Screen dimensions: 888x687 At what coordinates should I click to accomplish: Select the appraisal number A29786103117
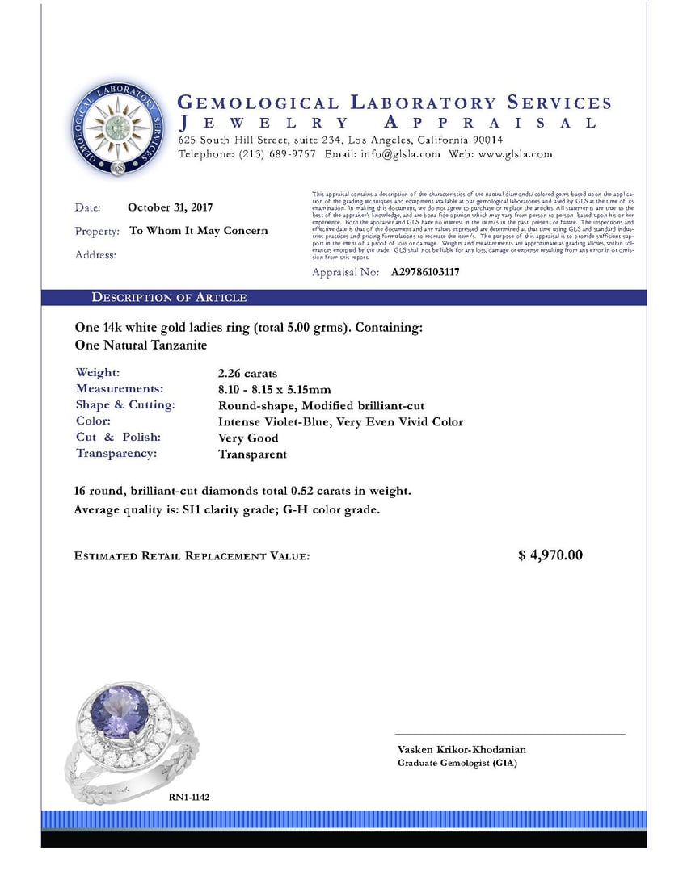[425, 273]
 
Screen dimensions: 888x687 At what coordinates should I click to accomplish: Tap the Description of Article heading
[169, 298]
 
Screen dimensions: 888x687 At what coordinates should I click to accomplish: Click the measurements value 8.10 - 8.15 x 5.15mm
[275, 390]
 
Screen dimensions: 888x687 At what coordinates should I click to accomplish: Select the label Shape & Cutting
[125, 405]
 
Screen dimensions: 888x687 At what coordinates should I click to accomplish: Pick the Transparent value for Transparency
[252, 454]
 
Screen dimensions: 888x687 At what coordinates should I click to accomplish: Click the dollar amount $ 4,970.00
[550, 555]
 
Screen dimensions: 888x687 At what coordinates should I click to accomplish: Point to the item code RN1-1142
[189, 797]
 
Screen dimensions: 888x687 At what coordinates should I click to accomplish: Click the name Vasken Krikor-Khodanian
[462, 749]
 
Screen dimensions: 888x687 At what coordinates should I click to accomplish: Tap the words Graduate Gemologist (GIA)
[457, 763]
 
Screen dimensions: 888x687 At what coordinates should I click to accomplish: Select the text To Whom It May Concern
[199, 231]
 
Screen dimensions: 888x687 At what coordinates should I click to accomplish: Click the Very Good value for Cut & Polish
[248, 438]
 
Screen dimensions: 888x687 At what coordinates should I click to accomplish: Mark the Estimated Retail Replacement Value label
[192, 556]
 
